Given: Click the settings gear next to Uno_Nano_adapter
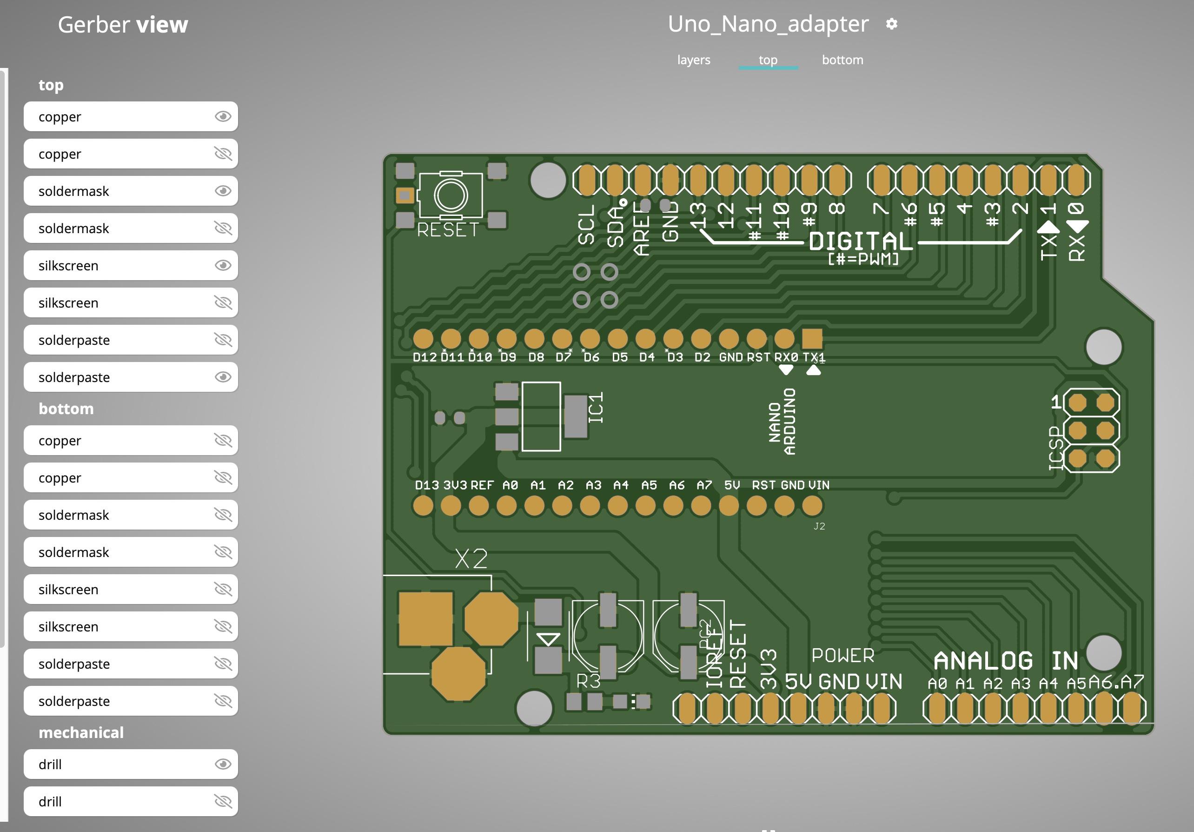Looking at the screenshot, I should click(x=891, y=24).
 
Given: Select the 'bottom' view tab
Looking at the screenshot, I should click(x=842, y=60).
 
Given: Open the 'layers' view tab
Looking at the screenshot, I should click(x=693, y=60).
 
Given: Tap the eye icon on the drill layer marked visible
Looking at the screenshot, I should click(x=223, y=764).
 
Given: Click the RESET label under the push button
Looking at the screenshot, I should click(x=447, y=229).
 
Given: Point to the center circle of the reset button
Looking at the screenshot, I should click(x=451, y=195).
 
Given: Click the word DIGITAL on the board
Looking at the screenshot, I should click(x=861, y=242).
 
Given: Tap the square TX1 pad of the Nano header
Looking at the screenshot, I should click(x=812, y=339).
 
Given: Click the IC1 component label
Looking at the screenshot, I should click(x=596, y=408).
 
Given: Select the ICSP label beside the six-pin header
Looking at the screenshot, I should click(x=1055, y=448).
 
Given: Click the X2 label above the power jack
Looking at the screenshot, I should click(x=471, y=559).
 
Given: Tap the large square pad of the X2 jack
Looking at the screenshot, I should click(x=425, y=619).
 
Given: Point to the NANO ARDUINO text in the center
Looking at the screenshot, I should click(x=782, y=422).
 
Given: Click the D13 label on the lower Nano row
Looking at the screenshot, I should click(x=426, y=485).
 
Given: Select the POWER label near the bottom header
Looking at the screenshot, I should click(x=842, y=656).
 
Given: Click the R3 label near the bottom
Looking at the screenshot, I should click(x=588, y=681).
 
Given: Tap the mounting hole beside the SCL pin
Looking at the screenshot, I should click(x=548, y=180).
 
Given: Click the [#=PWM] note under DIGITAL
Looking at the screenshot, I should click(x=863, y=259).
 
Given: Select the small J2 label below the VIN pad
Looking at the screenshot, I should click(x=819, y=526).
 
